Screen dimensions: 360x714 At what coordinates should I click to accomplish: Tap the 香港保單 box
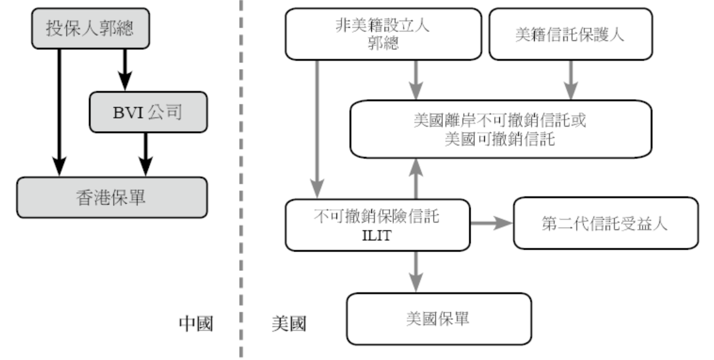tap(112, 197)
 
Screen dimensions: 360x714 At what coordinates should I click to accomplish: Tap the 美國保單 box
tap(440, 319)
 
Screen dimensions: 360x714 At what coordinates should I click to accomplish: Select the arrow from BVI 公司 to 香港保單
tap(146, 154)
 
